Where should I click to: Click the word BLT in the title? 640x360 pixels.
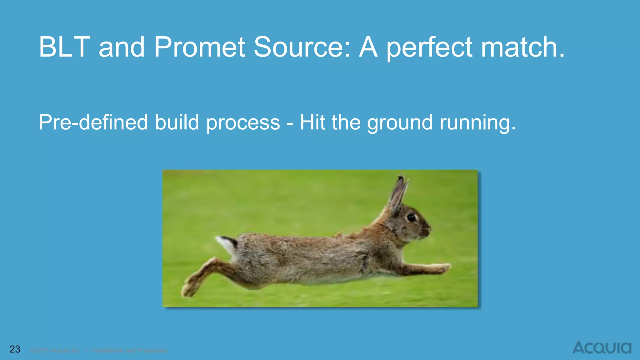point(64,47)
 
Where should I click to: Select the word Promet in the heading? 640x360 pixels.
point(199,47)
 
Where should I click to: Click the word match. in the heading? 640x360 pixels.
point(523,47)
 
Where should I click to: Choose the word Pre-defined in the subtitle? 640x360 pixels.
point(93,122)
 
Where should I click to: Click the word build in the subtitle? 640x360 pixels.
point(177,122)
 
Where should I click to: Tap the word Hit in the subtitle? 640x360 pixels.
point(312,122)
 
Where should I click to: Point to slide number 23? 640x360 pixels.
point(15,349)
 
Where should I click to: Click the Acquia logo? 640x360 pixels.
point(602,347)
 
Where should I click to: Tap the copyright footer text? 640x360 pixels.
point(99,351)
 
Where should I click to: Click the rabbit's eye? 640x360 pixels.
point(412,217)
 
